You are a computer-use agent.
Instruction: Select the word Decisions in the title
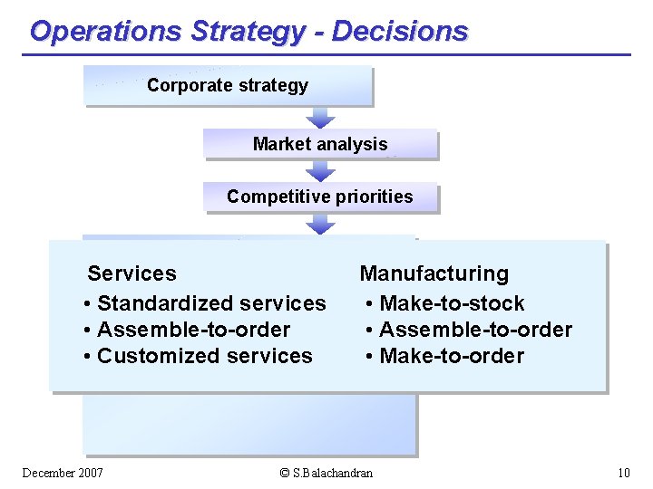tap(400, 31)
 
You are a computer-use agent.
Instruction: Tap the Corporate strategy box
tap(228, 86)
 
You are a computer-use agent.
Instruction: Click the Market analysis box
tap(320, 144)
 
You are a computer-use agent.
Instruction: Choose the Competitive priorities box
tap(320, 197)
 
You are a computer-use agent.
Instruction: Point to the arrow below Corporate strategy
tap(320, 117)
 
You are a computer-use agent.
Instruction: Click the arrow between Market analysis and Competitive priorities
tap(320, 171)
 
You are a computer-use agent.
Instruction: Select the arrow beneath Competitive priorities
tap(320, 224)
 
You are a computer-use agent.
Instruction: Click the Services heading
tap(132, 273)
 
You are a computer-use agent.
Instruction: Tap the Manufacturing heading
tap(434, 273)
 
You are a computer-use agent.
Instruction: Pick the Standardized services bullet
tap(204, 303)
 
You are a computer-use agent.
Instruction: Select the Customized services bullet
tap(198, 356)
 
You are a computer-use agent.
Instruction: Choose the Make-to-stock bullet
tap(445, 303)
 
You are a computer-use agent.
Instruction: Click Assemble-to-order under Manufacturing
tap(469, 330)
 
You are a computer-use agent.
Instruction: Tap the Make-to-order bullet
tap(445, 356)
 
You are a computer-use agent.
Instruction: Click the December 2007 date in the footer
tap(63, 473)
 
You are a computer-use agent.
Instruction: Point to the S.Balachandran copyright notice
tap(326, 473)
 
